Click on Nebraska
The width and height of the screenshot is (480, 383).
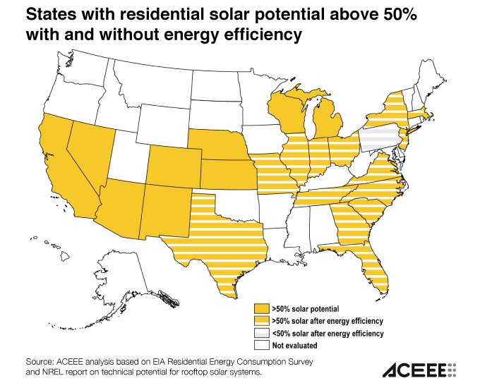tap(219, 145)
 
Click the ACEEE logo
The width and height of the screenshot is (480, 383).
tap(419, 370)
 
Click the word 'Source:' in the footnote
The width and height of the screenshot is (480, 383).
tap(40, 360)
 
